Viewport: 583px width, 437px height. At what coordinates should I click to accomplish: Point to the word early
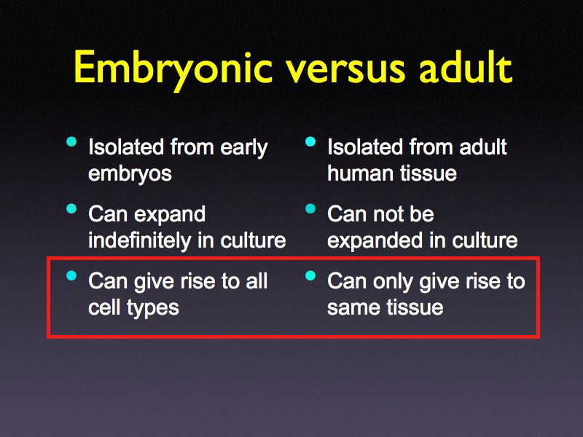[x=242, y=149]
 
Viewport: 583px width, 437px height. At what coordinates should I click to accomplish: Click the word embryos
[x=129, y=174]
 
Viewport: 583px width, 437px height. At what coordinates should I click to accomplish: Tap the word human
[x=357, y=174]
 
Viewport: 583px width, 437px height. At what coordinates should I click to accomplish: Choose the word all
[x=255, y=281]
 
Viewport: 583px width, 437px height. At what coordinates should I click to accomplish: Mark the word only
[x=394, y=281]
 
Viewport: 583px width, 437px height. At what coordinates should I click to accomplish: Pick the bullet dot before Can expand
[x=71, y=209]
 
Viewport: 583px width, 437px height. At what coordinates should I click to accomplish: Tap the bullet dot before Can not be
[x=310, y=209]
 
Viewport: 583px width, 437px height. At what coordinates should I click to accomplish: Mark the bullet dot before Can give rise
[x=71, y=275]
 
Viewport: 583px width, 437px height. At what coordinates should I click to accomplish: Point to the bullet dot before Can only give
[x=310, y=275]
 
